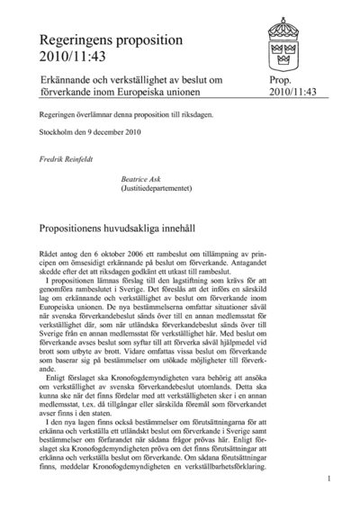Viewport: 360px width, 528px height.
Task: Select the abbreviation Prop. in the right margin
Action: point(282,81)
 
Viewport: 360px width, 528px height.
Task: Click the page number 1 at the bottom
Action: point(329,479)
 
